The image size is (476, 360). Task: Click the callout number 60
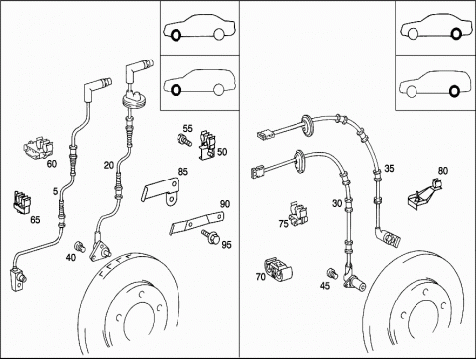point(52,164)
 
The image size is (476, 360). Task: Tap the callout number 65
point(35,219)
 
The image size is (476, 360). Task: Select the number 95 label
point(226,245)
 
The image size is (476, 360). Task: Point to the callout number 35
point(389,168)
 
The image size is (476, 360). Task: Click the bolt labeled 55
point(183,140)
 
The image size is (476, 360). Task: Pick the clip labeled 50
point(207,144)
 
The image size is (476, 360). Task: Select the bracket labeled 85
point(161,190)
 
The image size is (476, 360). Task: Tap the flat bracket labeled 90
point(196,223)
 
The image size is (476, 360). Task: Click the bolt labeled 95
point(210,236)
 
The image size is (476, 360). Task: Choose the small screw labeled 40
point(80,247)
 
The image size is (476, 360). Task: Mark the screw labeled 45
point(332,273)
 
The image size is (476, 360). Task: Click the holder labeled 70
point(278,269)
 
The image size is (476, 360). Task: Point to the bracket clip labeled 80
point(424,195)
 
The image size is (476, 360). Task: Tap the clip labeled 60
point(39,148)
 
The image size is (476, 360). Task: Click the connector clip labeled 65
point(22,202)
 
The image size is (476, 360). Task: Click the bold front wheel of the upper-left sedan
point(176,35)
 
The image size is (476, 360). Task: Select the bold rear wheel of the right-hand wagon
point(454,91)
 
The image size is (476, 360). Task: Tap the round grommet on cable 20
point(134,100)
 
